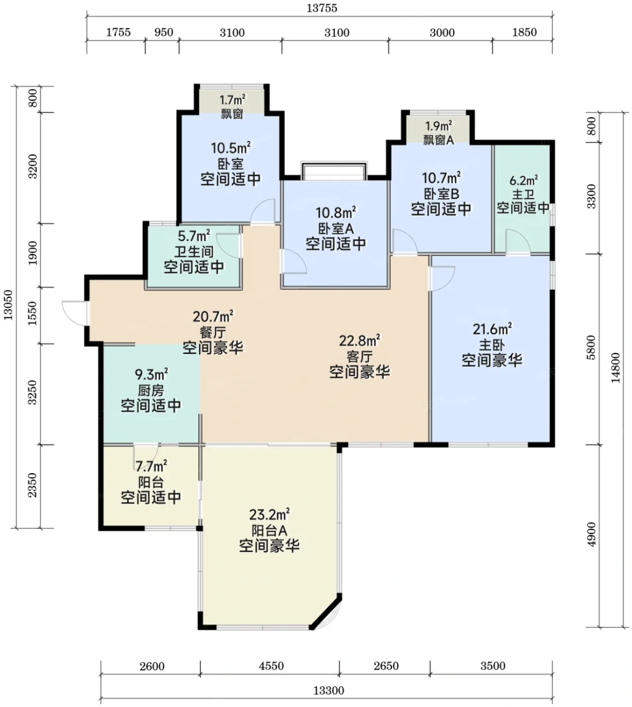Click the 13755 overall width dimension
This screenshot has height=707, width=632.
tap(322, 8)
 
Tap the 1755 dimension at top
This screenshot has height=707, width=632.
tap(118, 32)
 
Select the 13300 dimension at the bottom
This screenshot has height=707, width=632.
tap(329, 690)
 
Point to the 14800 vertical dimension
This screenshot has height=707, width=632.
tap(616, 368)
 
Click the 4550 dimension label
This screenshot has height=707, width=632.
tap(271, 666)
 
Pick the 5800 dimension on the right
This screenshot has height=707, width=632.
tap(591, 347)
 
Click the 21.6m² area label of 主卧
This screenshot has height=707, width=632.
tap(492, 329)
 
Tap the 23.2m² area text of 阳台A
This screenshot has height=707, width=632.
tap(269, 515)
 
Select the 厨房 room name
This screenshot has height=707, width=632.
tap(150, 390)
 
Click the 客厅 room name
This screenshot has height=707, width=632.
tap(359, 357)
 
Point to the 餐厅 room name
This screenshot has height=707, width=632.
tap(213, 332)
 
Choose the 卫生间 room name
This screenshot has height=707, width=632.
tap(194, 251)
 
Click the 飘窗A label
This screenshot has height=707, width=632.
tap(439, 140)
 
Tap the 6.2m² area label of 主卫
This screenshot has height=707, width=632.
tap(523, 180)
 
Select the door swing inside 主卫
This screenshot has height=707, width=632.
tap(517, 241)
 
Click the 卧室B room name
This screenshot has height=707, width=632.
tap(441, 194)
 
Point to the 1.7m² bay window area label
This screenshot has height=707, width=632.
tap(232, 100)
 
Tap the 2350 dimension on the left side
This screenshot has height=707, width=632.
tap(32, 485)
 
